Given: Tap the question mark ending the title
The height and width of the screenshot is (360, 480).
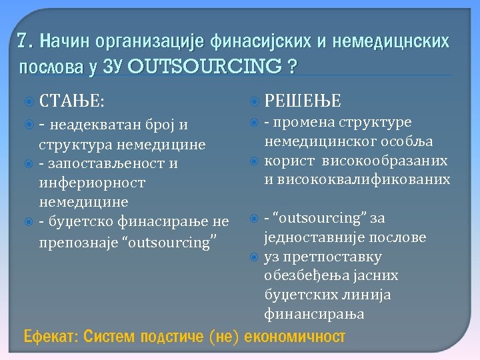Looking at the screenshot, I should click(291, 67).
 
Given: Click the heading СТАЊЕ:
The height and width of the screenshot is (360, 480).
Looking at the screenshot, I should click(71, 101).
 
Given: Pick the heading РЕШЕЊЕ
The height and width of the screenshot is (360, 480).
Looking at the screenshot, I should click(303, 101).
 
